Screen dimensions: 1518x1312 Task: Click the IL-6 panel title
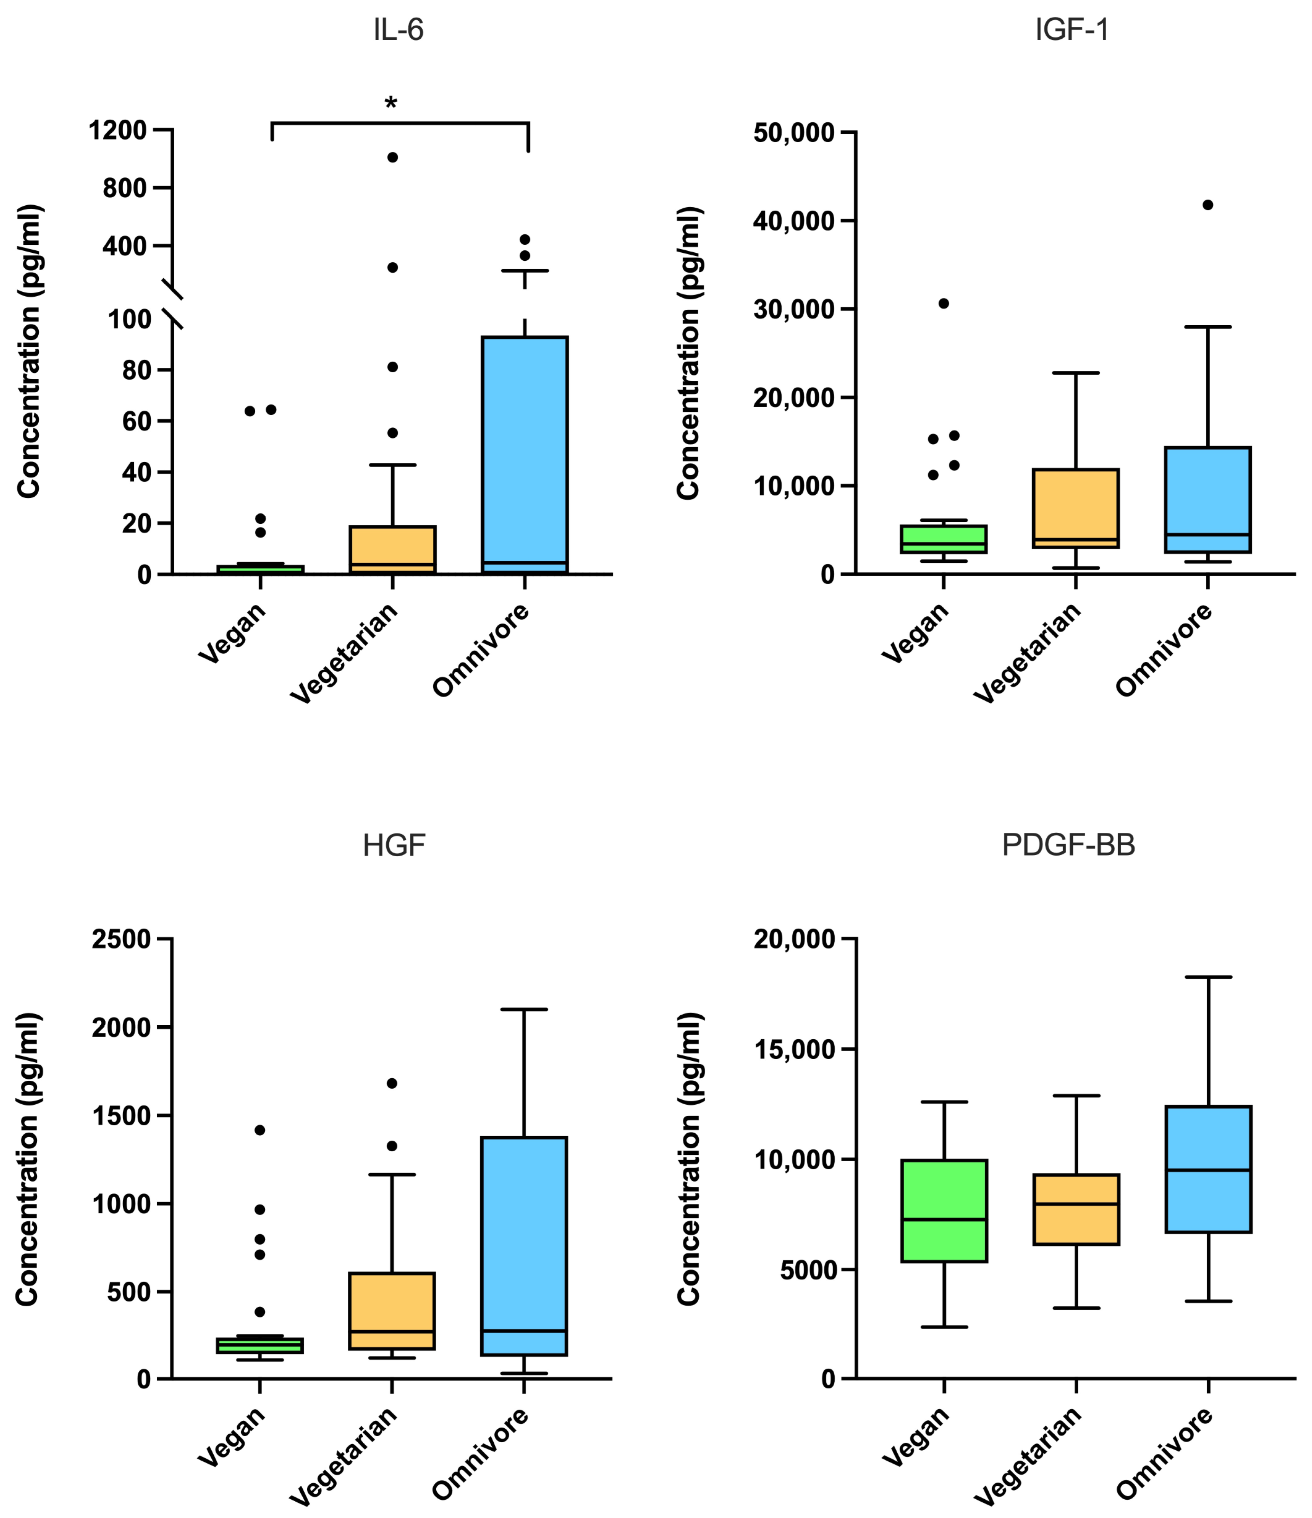(398, 30)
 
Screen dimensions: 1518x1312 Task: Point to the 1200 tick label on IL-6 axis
(117, 130)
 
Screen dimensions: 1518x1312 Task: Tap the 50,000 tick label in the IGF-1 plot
(794, 133)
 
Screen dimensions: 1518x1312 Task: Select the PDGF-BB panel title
(1068, 845)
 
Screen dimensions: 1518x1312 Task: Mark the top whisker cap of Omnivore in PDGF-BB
(1208, 977)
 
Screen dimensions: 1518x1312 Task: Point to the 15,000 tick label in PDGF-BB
(794, 1049)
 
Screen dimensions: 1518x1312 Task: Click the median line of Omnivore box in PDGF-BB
(1208, 1170)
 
